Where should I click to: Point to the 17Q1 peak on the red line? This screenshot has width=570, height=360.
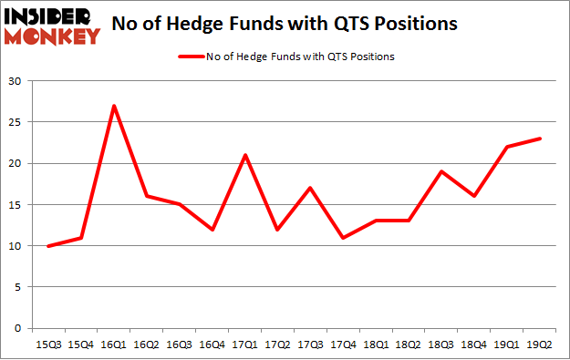click(244, 155)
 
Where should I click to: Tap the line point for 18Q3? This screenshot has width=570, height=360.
click(442, 171)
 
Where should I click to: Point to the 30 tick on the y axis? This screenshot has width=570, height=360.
click(16, 81)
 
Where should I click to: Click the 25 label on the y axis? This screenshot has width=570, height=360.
click(16, 122)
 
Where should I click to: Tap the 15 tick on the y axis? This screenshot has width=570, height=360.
click(16, 205)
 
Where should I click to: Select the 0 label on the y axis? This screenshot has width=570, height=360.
click(18, 328)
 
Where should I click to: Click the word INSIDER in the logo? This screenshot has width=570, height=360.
click(52, 16)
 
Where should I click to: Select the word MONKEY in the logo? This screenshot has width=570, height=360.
click(52, 36)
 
